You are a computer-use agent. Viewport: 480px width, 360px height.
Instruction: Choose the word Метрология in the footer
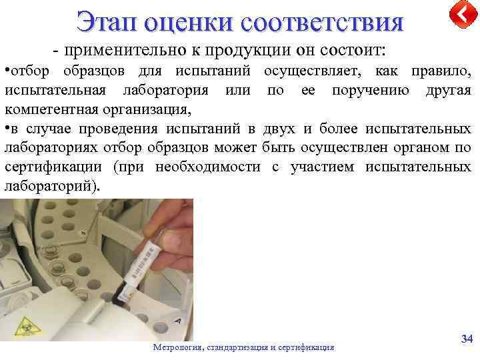178,347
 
